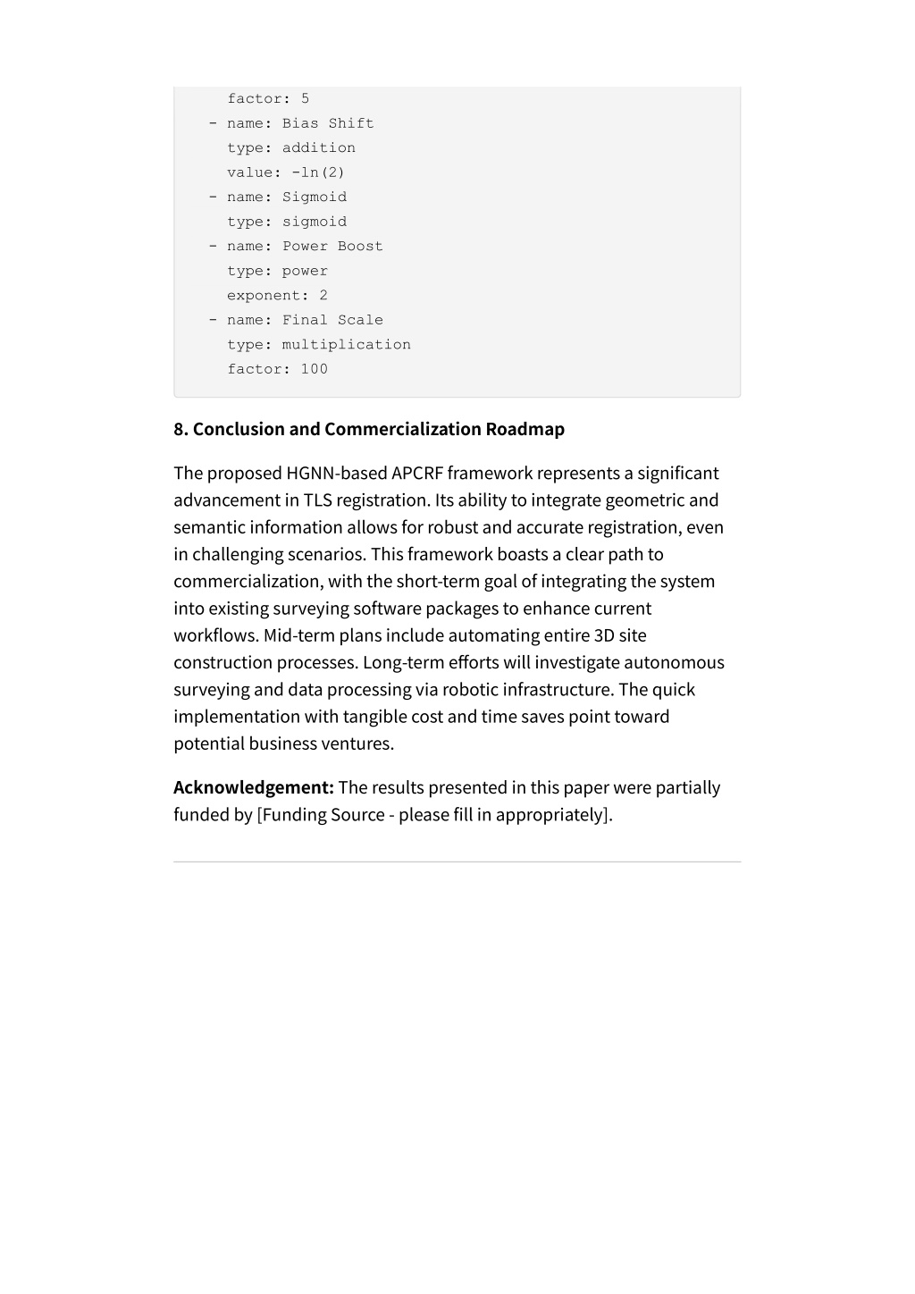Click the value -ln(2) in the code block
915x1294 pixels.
click(317, 172)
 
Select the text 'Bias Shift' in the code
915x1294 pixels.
click(328, 123)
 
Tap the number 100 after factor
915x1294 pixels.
click(314, 369)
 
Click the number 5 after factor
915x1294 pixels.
click(305, 98)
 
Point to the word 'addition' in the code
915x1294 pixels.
click(318, 147)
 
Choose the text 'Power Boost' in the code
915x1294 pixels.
click(332, 246)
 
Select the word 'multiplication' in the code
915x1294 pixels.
click(346, 344)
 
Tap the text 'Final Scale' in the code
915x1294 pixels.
click(332, 320)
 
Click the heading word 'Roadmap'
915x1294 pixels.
click(525, 429)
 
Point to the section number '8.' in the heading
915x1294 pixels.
click(181, 429)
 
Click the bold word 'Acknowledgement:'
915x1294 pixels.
click(254, 787)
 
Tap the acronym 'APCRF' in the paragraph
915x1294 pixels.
click(417, 474)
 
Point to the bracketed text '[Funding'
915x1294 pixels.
click(291, 814)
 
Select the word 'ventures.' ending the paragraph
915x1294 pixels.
click(357, 744)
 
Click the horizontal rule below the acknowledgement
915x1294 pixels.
click(457, 861)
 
